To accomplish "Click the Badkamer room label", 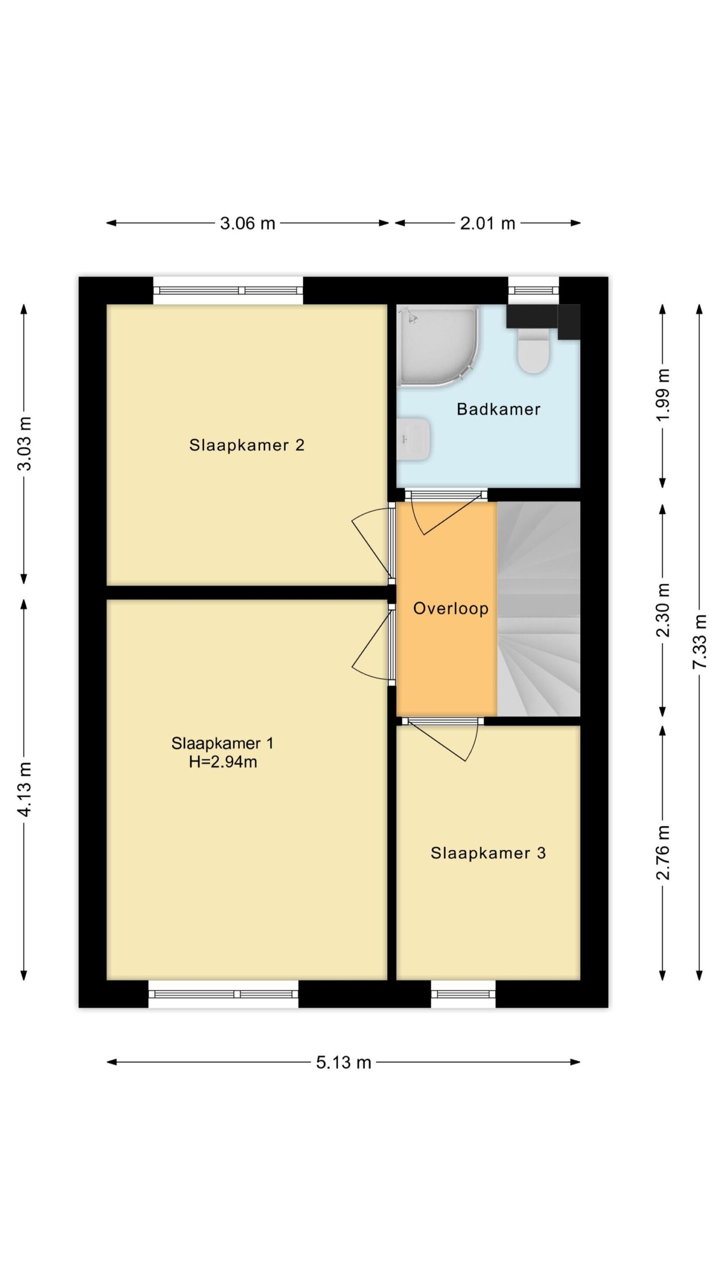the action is pyautogui.click(x=498, y=409).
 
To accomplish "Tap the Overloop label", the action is pyautogui.click(x=450, y=608).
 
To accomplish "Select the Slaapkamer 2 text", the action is pyautogui.click(x=247, y=445).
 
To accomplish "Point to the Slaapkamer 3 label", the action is pyautogui.click(x=488, y=853).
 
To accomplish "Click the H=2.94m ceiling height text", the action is pyautogui.click(x=223, y=762).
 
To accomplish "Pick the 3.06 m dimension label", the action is pyautogui.click(x=248, y=223).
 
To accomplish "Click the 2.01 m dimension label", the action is pyautogui.click(x=488, y=223).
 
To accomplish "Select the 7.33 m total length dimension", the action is pyautogui.click(x=699, y=641).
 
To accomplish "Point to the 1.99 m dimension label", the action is pyautogui.click(x=663, y=396).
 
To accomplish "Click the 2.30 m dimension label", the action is pyautogui.click(x=663, y=610).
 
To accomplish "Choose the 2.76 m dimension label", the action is pyautogui.click(x=663, y=853).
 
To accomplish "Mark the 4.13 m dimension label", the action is pyautogui.click(x=24, y=789).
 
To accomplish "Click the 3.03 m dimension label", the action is pyautogui.click(x=24, y=443).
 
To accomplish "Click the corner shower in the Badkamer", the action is pyautogui.click(x=437, y=345).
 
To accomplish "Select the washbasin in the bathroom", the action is pyautogui.click(x=413, y=439).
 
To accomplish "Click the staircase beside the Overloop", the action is pyautogui.click(x=538, y=608).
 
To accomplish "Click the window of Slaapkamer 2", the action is pyautogui.click(x=228, y=290).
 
